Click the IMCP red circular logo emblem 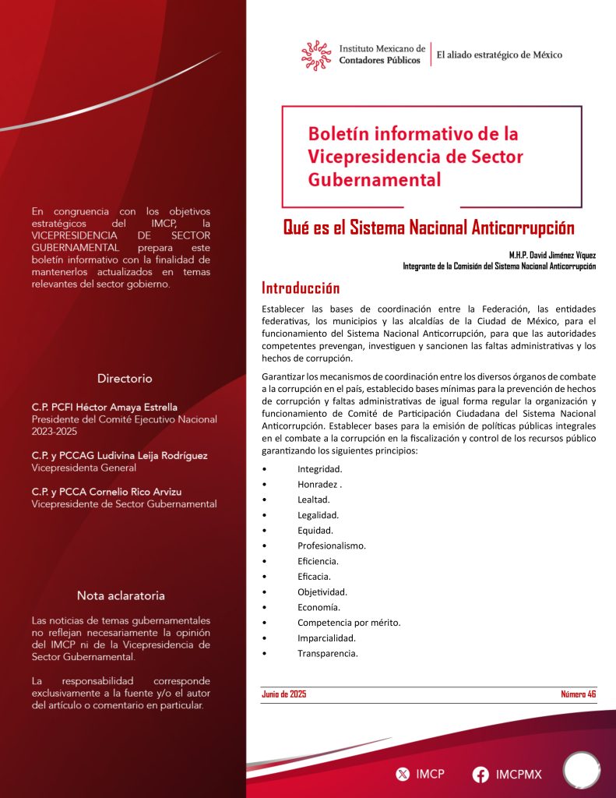(x=317, y=55)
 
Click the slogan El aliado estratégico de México (x=499, y=55)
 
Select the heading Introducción (x=301, y=288)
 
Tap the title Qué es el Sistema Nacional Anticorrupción (x=428, y=228)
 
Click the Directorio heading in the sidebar (x=125, y=379)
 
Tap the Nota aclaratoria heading (x=121, y=595)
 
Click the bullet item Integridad (x=319, y=469)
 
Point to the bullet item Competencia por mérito (x=349, y=623)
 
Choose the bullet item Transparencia (x=327, y=653)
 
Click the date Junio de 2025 (x=284, y=694)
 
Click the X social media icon (x=403, y=774)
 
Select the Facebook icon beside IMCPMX (x=480, y=774)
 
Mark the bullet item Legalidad (x=318, y=515)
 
